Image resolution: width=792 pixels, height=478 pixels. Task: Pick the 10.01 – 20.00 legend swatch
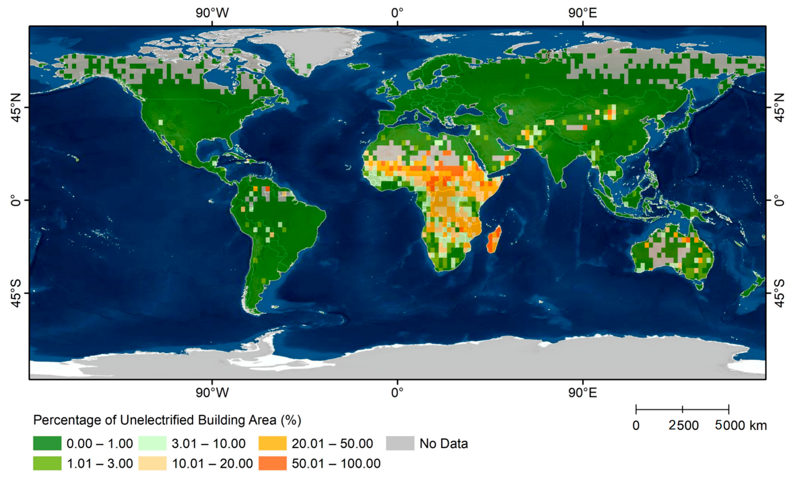point(152,463)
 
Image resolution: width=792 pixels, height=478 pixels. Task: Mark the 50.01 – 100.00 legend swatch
point(272,463)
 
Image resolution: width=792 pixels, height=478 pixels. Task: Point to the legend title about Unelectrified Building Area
point(167,420)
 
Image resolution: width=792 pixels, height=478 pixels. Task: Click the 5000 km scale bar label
point(741,425)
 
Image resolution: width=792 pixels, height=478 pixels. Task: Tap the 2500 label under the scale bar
point(683,425)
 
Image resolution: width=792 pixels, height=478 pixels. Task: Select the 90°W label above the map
point(212,13)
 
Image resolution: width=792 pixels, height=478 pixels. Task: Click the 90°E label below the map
point(582,392)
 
